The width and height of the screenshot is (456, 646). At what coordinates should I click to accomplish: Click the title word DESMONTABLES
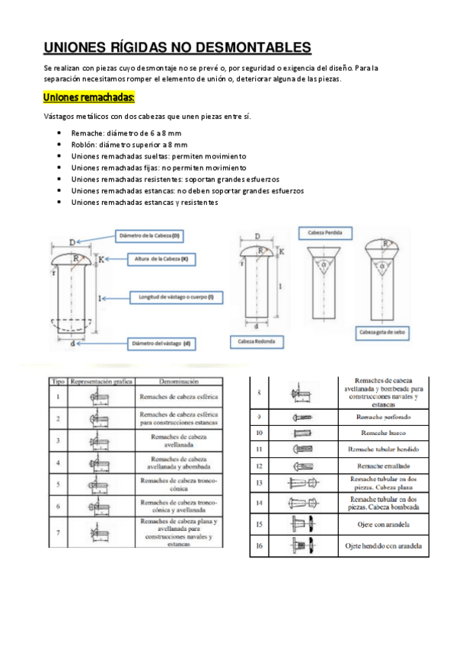click(254, 47)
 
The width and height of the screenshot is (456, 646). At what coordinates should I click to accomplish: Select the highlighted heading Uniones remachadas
click(89, 98)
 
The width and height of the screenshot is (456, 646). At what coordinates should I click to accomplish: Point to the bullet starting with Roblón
click(129, 144)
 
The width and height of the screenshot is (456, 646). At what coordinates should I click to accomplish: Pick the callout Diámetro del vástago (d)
click(161, 344)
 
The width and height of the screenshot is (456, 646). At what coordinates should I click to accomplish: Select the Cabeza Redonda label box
click(262, 341)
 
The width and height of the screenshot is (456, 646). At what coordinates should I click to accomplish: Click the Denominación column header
click(180, 379)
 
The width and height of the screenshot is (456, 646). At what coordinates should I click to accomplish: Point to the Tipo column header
click(57, 379)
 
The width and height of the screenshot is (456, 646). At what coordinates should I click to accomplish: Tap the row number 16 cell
click(259, 545)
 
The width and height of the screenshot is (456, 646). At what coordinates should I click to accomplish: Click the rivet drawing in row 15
click(299, 525)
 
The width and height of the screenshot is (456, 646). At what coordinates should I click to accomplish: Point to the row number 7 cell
click(58, 531)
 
